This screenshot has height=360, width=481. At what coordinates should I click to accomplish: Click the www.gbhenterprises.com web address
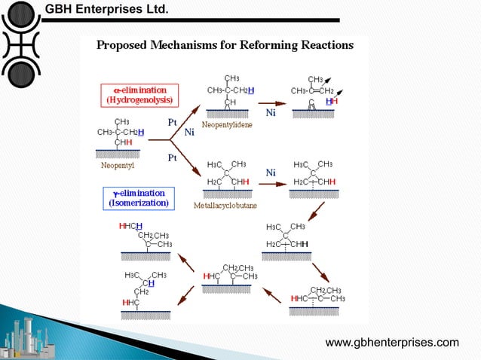(x=391, y=343)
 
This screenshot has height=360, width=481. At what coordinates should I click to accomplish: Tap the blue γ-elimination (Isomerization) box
(x=139, y=198)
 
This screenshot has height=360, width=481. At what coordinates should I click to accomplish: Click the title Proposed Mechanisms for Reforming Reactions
(x=225, y=44)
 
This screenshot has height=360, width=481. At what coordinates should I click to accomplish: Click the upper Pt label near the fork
(x=173, y=121)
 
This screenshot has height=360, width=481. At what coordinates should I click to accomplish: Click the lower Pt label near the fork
(x=172, y=158)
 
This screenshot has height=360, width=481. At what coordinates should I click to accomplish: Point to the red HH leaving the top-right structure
(x=331, y=100)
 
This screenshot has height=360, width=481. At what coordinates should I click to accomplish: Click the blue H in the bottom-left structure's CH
(x=152, y=283)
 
